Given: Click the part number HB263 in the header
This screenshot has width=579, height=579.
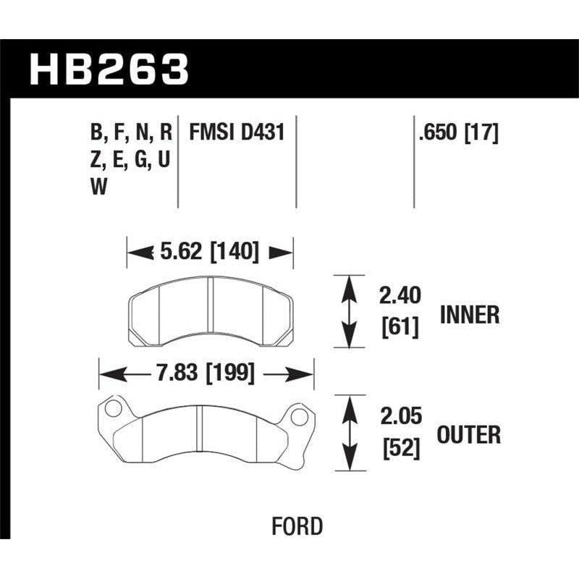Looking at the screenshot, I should (x=109, y=71).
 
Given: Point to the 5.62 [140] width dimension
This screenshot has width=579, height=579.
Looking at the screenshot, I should (x=209, y=253).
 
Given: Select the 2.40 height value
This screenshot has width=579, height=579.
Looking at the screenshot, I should (x=400, y=296).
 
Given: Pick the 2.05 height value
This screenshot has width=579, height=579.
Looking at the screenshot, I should (x=400, y=416).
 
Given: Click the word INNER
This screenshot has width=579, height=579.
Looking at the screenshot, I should (x=469, y=315).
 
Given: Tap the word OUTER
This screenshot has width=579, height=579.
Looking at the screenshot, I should (x=469, y=435).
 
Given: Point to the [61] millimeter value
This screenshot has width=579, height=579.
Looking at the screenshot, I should (x=400, y=328).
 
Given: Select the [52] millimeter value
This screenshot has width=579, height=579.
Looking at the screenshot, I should (x=400, y=449).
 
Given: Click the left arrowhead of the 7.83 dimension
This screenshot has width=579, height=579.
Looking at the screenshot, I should (x=107, y=374).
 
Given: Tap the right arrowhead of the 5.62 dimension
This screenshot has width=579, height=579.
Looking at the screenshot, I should (x=284, y=253).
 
